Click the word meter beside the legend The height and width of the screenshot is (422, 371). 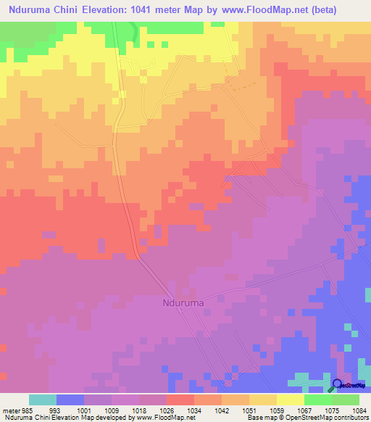tap(12, 409)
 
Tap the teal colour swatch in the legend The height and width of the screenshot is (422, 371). tap(43, 400)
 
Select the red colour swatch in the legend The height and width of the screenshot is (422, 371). tap(180, 400)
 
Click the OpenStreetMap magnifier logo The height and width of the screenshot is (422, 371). tap(338, 385)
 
